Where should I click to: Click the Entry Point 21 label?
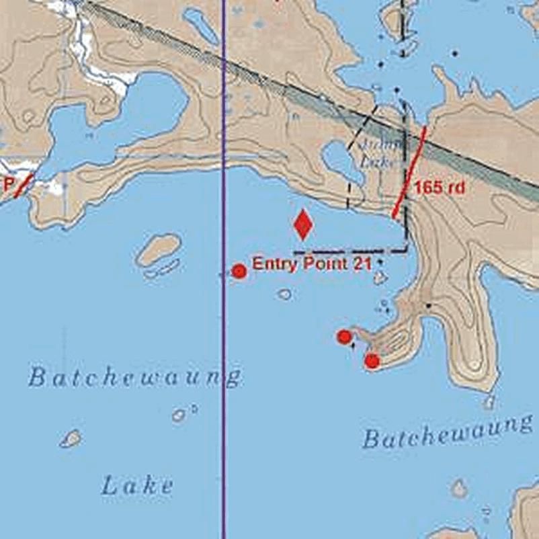[x=311, y=264]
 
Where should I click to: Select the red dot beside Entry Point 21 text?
[x=239, y=271]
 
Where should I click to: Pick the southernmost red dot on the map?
[x=372, y=362]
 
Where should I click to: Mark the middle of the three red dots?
[x=344, y=337]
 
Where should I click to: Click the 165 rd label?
[x=440, y=188]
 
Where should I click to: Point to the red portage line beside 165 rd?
[x=409, y=173]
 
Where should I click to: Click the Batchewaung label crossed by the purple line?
[x=134, y=377]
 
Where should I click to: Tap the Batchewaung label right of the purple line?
[x=447, y=431]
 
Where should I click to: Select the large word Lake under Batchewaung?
[x=137, y=485]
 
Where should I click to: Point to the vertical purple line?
[x=224, y=403]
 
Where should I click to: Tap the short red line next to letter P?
[x=23, y=184]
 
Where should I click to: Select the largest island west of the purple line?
[x=159, y=249]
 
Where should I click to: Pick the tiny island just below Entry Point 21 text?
[x=285, y=294]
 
